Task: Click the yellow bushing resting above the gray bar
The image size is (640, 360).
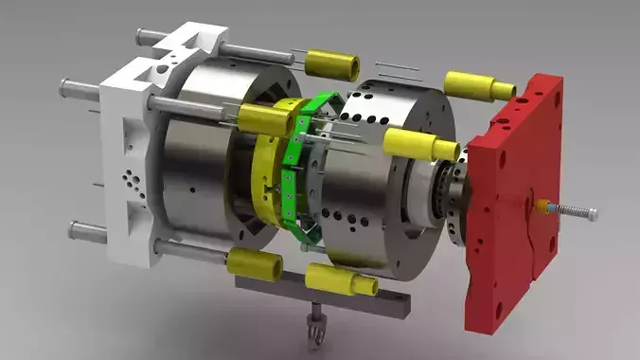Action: point(342,279)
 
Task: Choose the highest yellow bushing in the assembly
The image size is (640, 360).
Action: point(336,65)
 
